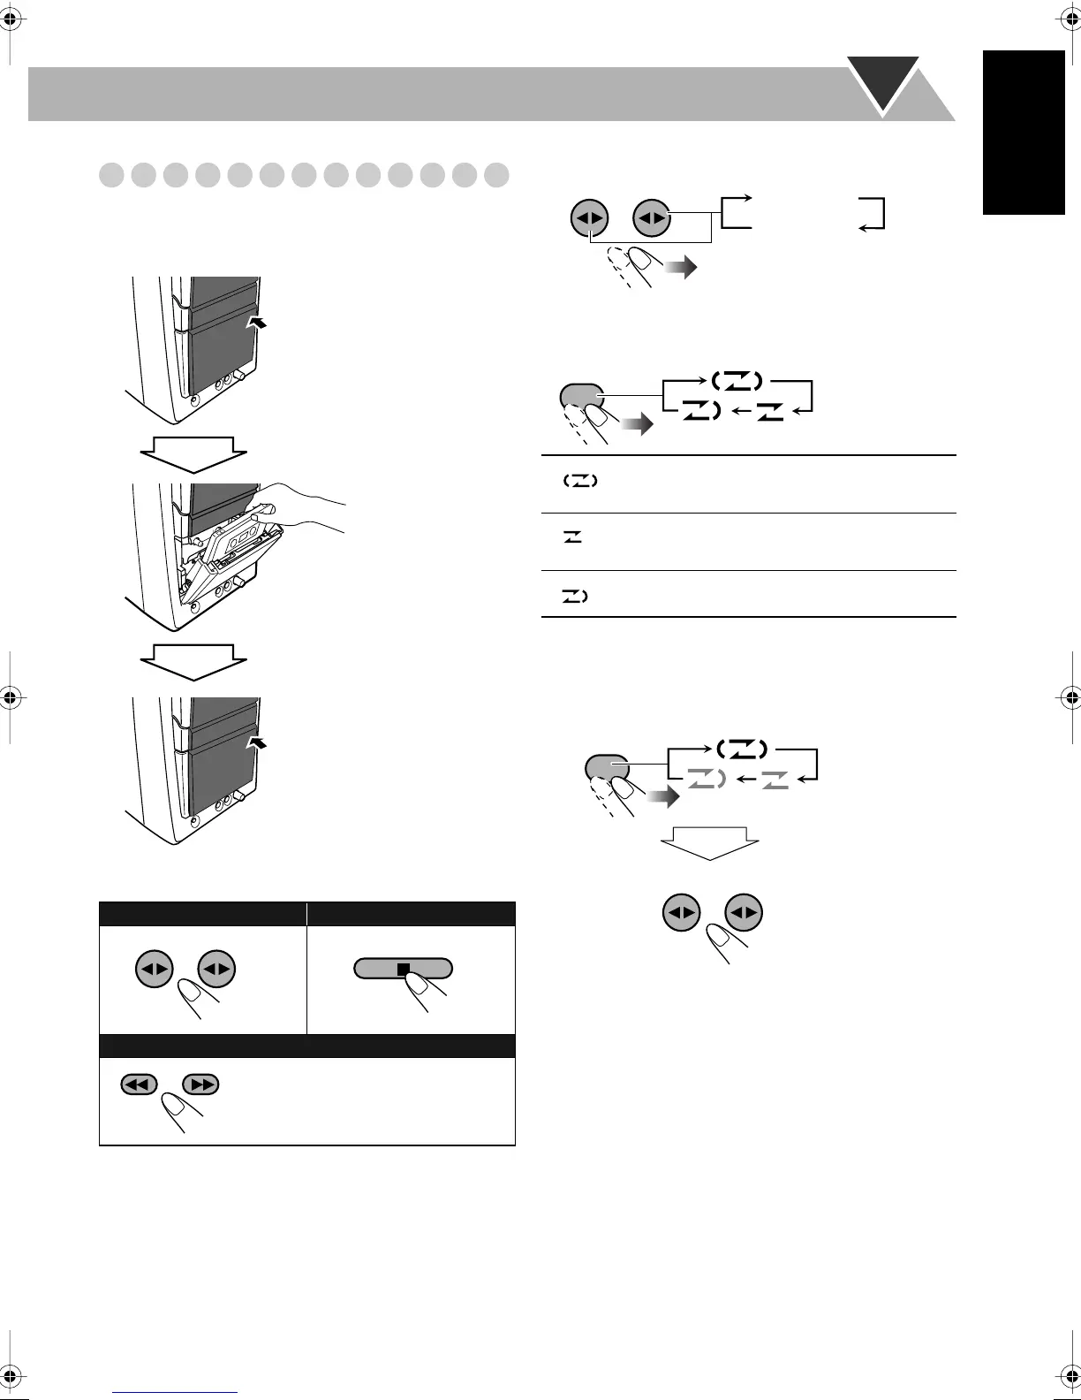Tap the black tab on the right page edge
click(x=1024, y=132)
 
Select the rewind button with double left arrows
click(x=140, y=1084)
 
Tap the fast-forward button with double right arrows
click(x=200, y=1084)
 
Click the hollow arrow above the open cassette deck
click(x=193, y=454)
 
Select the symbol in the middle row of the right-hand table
click(x=572, y=537)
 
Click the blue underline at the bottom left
click(x=177, y=1392)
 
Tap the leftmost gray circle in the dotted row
click(x=111, y=174)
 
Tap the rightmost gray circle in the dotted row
click(x=496, y=174)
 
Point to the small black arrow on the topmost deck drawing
click(x=257, y=323)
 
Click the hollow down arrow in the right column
click(x=710, y=842)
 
